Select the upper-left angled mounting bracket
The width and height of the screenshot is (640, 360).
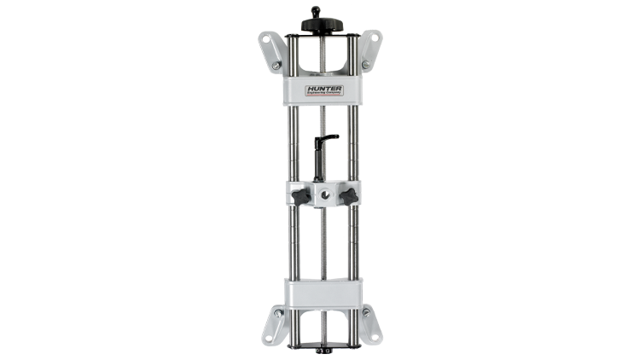pyautogui.click(x=271, y=51)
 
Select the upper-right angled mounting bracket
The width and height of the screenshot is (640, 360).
pyautogui.click(x=369, y=51)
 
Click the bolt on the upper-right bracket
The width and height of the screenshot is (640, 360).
pyautogui.click(x=365, y=64)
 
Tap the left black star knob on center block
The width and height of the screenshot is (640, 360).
pyautogui.click(x=300, y=196)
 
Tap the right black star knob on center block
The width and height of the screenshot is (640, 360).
pyautogui.click(x=346, y=196)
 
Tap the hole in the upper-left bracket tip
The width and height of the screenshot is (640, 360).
pyautogui.click(x=266, y=38)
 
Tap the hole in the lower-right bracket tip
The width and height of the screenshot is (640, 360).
pyautogui.click(x=375, y=336)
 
